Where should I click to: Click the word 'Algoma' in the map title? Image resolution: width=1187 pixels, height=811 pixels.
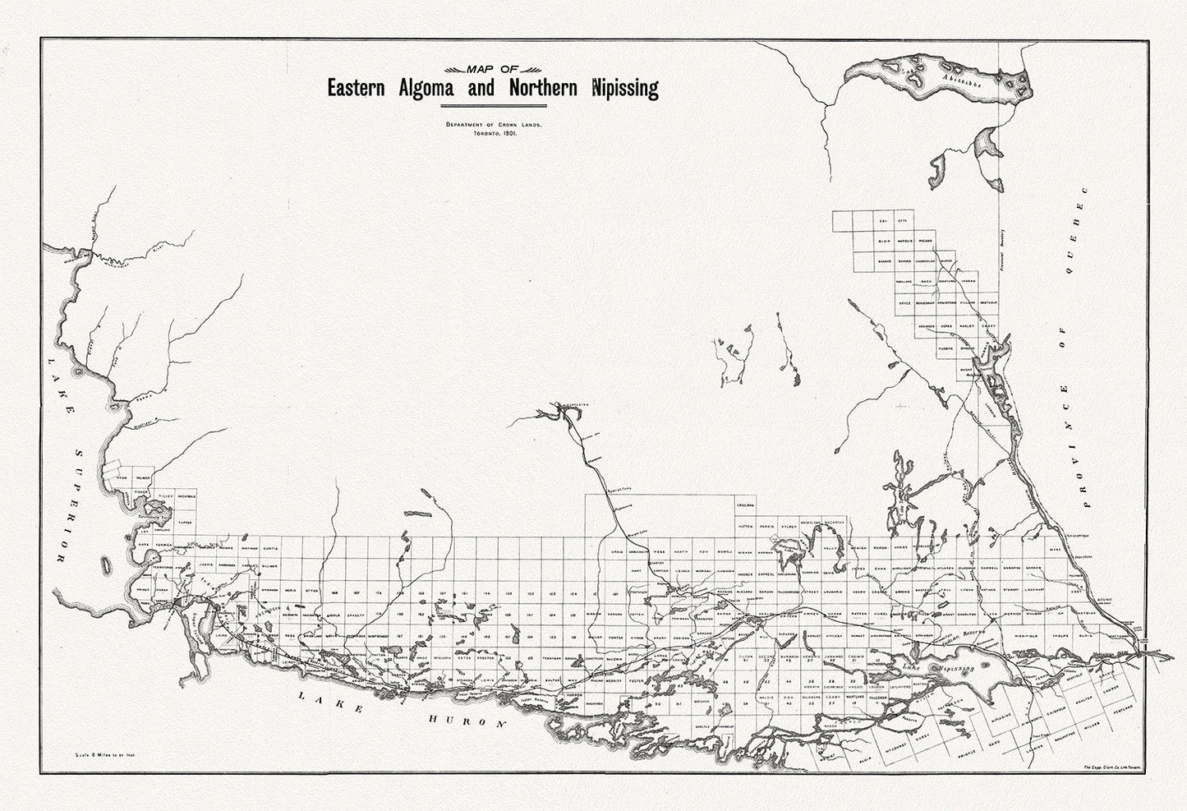tap(427, 88)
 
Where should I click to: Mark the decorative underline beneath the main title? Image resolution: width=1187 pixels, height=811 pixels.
tap(493, 106)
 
